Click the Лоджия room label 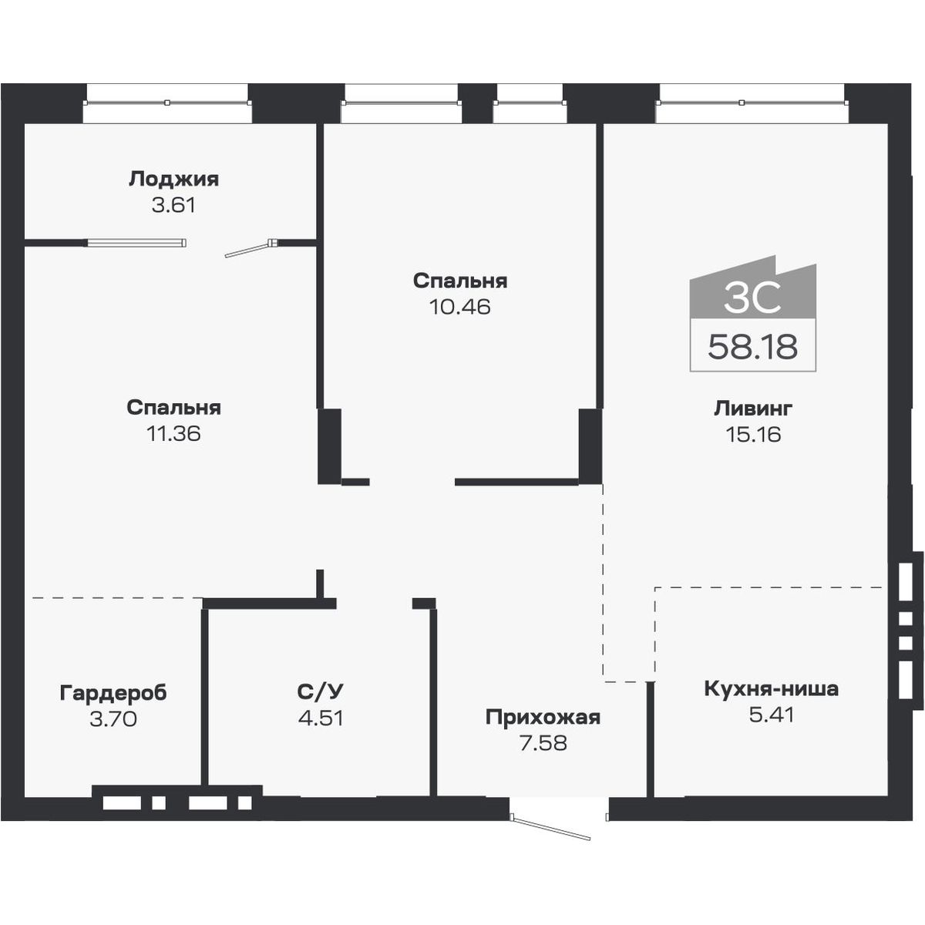[173, 179]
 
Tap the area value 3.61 [173, 206]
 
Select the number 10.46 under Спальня [459, 307]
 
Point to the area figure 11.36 [173, 433]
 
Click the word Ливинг [752, 407]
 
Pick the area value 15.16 [752, 434]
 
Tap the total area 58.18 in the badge [752, 347]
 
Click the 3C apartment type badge [752, 297]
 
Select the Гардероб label [113, 692]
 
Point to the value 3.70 [113, 719]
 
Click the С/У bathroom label [320, 691]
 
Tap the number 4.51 [320, 718]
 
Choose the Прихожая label [543, 718]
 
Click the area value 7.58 [543, 744]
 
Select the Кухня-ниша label [771, 688]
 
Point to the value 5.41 [771, 715]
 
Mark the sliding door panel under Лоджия [136, 243]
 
